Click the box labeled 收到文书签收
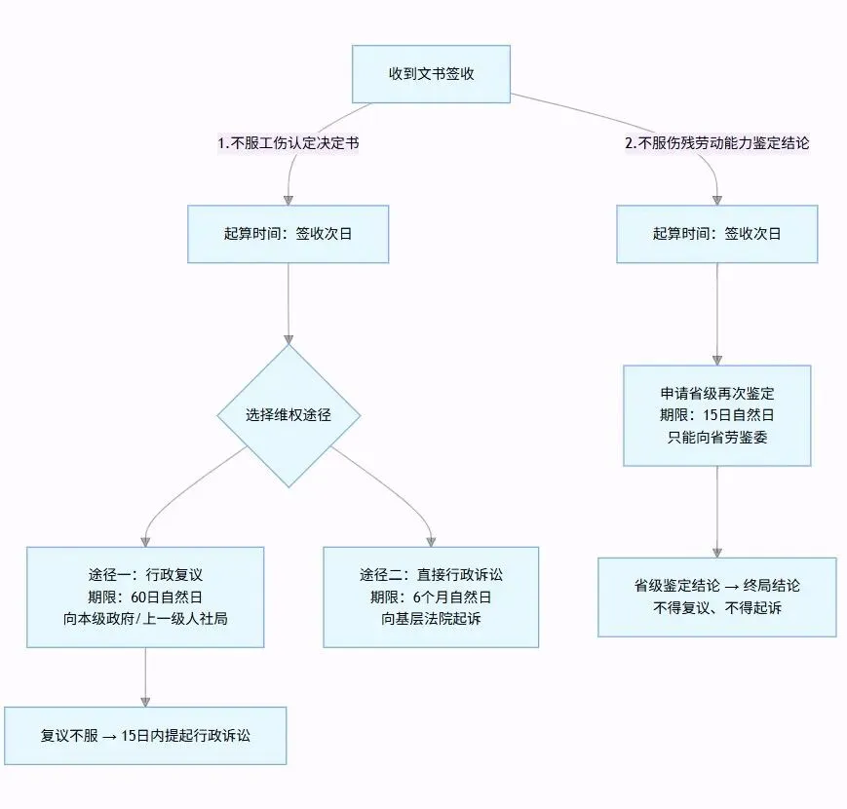pos(431,74)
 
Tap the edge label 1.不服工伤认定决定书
pos(289,143)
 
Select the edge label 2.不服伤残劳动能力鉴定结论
pos(717,143)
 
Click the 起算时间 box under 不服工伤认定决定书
pos(288,234)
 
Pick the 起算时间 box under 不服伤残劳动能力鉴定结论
pos(716,234)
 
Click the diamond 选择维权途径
pos(289,415)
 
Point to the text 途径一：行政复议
pos(145,575)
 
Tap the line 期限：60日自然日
pos(145,597)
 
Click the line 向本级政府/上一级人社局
pos(145,618)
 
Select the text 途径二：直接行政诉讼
pos(431,575)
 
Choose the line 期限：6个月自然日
pos(431,597)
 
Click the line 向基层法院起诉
pos(431,618)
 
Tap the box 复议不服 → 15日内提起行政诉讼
pos(145,736)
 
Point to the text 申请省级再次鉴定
pos(716,393)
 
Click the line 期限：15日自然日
pos(716,415)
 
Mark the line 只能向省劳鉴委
pos(716,437)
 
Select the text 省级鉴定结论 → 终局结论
pos(716,586)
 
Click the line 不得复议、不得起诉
pos(716,608)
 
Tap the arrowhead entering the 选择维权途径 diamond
pos(289,340)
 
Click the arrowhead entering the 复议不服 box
pos(145,702)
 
